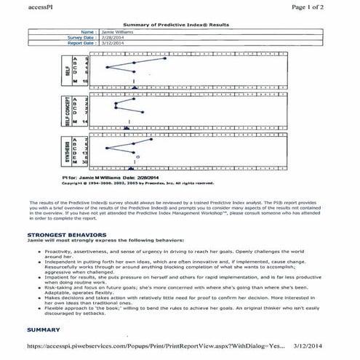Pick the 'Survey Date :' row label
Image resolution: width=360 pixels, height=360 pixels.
click(x=79, y=38)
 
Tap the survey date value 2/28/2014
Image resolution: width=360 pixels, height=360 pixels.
click(x=113, y=38)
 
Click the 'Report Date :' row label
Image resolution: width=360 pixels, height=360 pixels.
click(x=79, y=43)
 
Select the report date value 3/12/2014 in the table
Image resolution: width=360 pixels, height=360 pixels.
click(x=113, y=43)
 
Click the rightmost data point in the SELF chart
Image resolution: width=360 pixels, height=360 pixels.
click(x=167, y=58)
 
